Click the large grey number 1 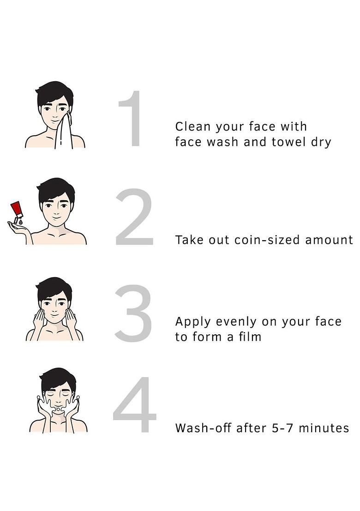[134, 119]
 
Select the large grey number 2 [134, 216]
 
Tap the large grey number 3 [133, 313]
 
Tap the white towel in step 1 [64, 131]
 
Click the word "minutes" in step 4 [324, 428]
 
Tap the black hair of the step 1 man [54, 93]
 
